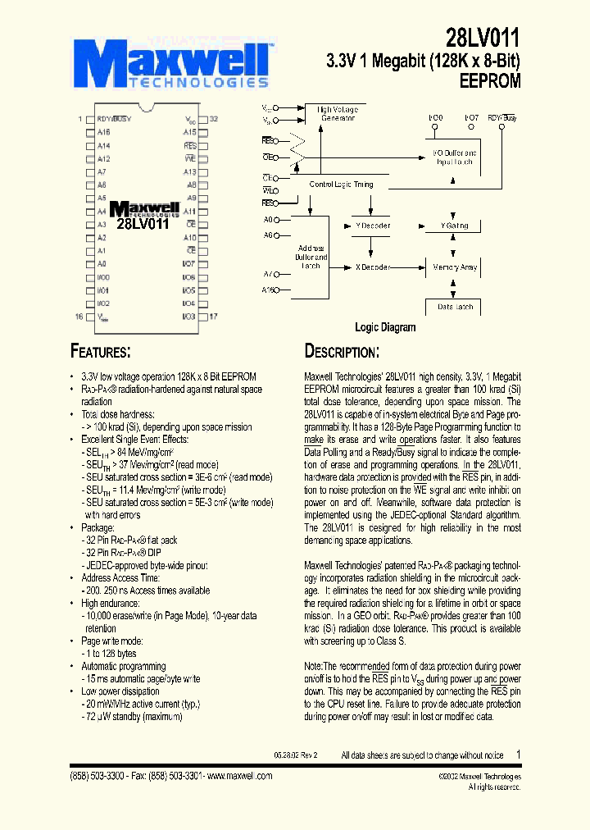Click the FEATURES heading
(x=101, y=352)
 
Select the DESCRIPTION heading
(x=342, y=352)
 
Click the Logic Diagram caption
(x=384, y=327)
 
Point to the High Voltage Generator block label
(x=336, y=113)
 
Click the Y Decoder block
(x=372, y=226)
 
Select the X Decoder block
(x=372, y=267)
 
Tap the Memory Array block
(x=456, y=267)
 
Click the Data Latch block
(x=456, y=306)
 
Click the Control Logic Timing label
(x=341, y=185)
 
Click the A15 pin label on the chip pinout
(x=189, y=132)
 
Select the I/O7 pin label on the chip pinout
(x=188, y=263)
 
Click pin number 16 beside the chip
(x=79, y=316)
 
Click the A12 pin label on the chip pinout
(x=104, y=158)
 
